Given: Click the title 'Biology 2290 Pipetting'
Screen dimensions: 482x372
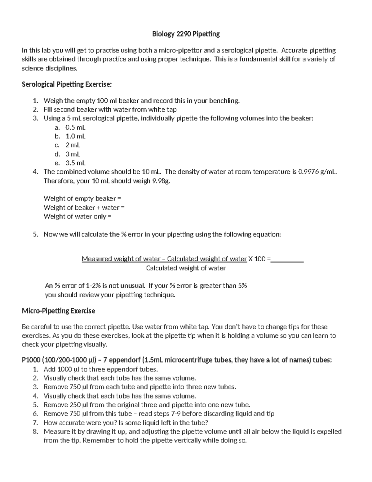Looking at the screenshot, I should click(186, 34).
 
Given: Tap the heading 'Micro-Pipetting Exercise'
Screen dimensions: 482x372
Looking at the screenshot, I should click(58, 311).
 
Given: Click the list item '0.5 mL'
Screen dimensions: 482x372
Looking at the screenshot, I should click(75, 127).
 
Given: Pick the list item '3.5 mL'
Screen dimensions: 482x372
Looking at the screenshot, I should click(75, 163).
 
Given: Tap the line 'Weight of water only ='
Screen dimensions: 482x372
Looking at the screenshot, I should click(77, 216).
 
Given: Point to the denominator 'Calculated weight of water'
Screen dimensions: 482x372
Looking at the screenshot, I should click(186, 268).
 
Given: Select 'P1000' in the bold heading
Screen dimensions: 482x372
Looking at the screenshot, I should click(31, 360).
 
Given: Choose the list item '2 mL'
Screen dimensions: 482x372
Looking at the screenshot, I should click(73, 145).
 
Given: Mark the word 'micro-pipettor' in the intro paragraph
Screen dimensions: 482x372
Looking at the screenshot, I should click(180, 50).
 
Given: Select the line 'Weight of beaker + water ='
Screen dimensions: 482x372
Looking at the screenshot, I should click(84, 207).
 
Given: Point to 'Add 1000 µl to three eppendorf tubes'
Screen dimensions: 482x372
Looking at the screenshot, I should click(100, 369).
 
